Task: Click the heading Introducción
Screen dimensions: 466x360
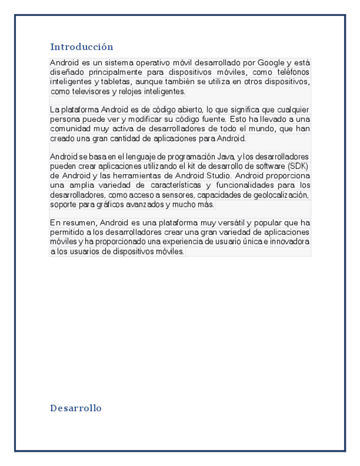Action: click(x=81, y=47)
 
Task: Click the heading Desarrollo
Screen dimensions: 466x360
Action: click(x=76, y=408)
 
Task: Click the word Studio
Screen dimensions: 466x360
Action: click(x=217, y=175)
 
